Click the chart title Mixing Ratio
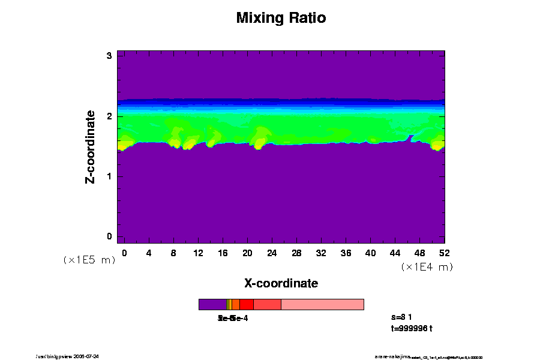(281, 18)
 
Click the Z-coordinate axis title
(91, 146)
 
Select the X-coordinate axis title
(281, 283)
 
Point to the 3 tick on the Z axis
(110, 56)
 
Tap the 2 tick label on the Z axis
(110, 116)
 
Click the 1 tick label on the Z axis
(110, 176)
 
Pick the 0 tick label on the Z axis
(110, 236)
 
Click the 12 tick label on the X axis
(198, 253)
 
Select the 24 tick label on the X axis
(272, 253)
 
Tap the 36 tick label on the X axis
(346, 253)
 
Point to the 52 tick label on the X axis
(445, 253)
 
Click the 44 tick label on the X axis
(395, 253)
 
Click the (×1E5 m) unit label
(89, 260)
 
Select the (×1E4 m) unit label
(427, 267)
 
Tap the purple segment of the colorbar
(212, 304)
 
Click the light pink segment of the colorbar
(322, 304)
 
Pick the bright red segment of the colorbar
(246, 304)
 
